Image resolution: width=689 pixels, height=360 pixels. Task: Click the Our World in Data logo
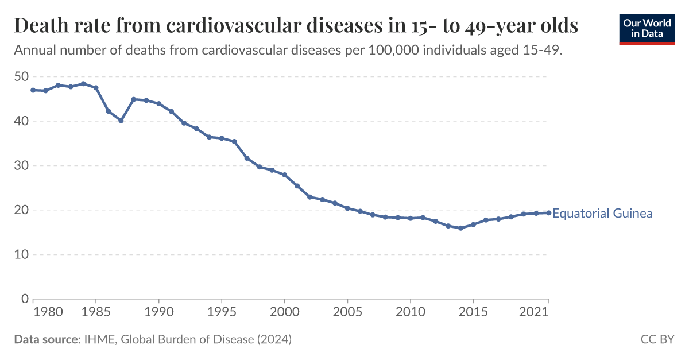(x=647, y=28)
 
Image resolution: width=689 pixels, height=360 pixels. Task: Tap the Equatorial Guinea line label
(x=602, y=214)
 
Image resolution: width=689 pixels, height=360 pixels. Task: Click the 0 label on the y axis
(x=25, y=299)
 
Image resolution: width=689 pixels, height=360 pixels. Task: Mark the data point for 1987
(x=121, y=121)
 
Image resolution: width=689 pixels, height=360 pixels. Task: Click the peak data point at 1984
(x=83, y=84)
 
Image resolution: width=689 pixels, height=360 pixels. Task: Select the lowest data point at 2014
(x=460, y=228)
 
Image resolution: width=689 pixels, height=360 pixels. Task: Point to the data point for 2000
(x=284, y=175)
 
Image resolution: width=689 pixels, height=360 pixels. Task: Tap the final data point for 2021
(x=548, y=213)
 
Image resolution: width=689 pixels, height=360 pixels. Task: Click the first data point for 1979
(x=33, y=90)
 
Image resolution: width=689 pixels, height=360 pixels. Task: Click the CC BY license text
(x=657, y=339)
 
